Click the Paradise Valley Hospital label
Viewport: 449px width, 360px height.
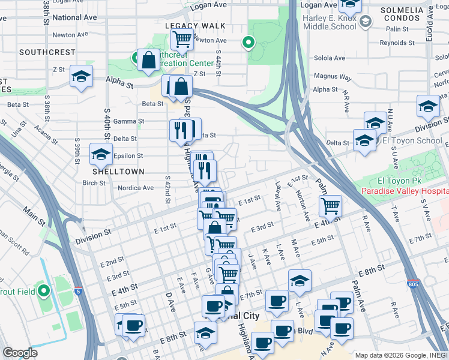[405, 191]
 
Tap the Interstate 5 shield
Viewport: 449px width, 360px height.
[79, 291]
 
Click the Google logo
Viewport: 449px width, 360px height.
[20, 353]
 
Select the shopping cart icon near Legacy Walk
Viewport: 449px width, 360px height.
[181, 40]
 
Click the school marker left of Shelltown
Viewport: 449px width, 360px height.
[101, 155]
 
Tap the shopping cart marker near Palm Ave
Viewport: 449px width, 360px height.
[330, 206]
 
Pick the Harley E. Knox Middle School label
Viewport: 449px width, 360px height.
[330, 22]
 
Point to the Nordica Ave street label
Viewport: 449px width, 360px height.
[136, 188]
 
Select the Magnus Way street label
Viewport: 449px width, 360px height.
[333, 77]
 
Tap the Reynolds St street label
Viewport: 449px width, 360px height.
[397, 43]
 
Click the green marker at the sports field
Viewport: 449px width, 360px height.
[43, 292]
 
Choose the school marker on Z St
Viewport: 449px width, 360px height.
[81, 76]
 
